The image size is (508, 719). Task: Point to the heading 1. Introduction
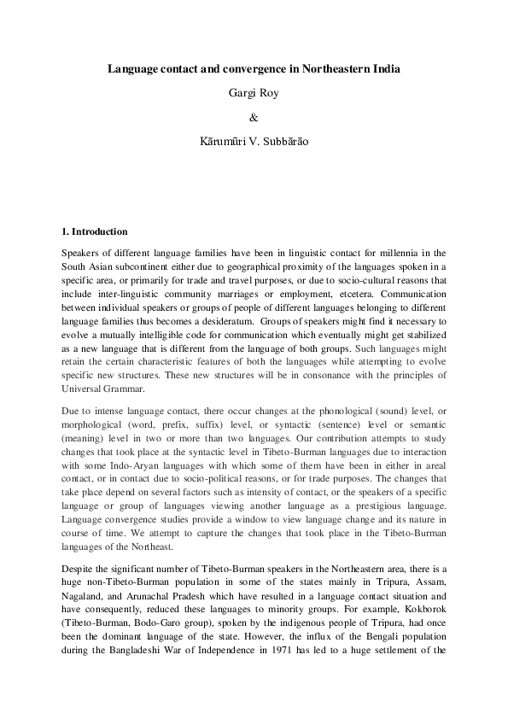point(95,231)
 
